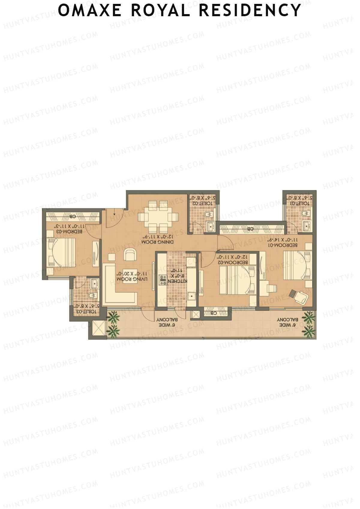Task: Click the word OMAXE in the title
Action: (89, 10)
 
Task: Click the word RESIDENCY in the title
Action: (250, 10)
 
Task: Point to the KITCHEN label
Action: (178, 281)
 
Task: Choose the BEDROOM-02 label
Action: (234, 262)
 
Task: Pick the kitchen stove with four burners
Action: (163, 280)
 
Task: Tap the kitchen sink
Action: (191, 297)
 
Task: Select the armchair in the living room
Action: (130, 255)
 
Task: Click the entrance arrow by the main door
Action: (115, 214)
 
